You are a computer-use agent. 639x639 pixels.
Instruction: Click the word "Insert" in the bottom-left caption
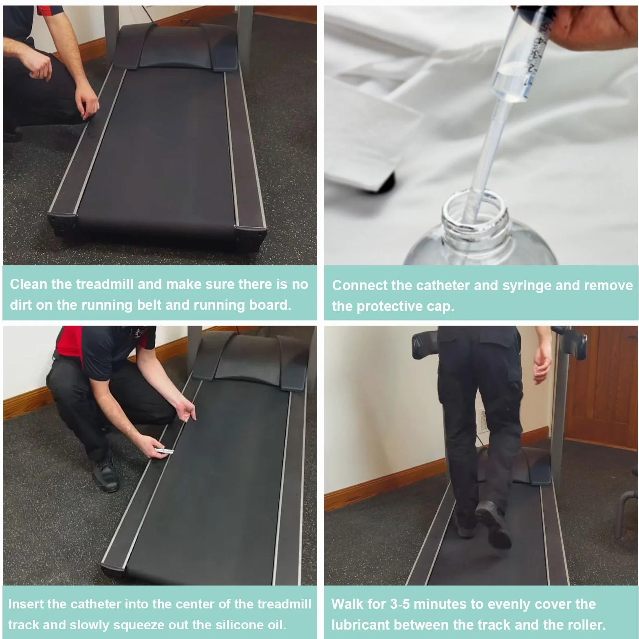(x=25, y=604)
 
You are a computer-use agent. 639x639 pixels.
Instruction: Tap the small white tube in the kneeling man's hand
(x=164, y=450)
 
